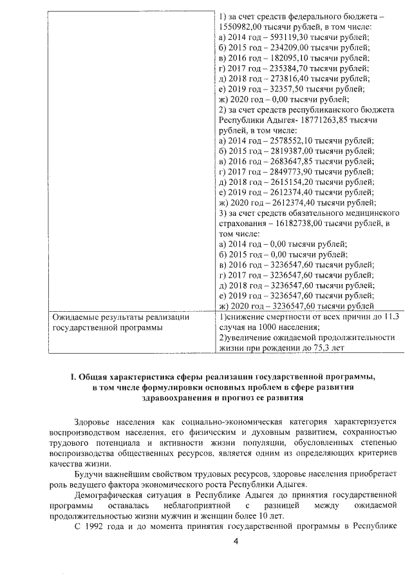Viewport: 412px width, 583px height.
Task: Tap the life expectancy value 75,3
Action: tap(324, 348)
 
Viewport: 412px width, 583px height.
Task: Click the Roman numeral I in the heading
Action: tap(72, 376)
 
